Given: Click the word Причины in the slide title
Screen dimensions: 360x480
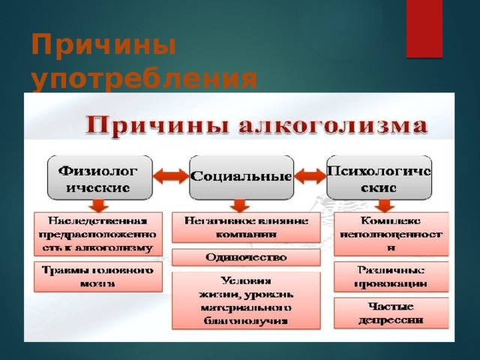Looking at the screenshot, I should tap(103, 47).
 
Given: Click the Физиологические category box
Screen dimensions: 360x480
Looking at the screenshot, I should tap(99, 178).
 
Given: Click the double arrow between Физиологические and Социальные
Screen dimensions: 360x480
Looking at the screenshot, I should tap(169, 177).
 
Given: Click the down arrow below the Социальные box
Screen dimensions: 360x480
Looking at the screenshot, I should tap(239, 205).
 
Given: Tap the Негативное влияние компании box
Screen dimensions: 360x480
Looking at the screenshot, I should tap(245, 227).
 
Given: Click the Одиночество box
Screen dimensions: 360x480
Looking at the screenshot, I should tap(245, 257).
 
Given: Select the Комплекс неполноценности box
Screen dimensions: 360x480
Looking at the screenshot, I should tap(391, 232).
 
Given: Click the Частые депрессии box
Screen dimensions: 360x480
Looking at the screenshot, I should tap(391, 313).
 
